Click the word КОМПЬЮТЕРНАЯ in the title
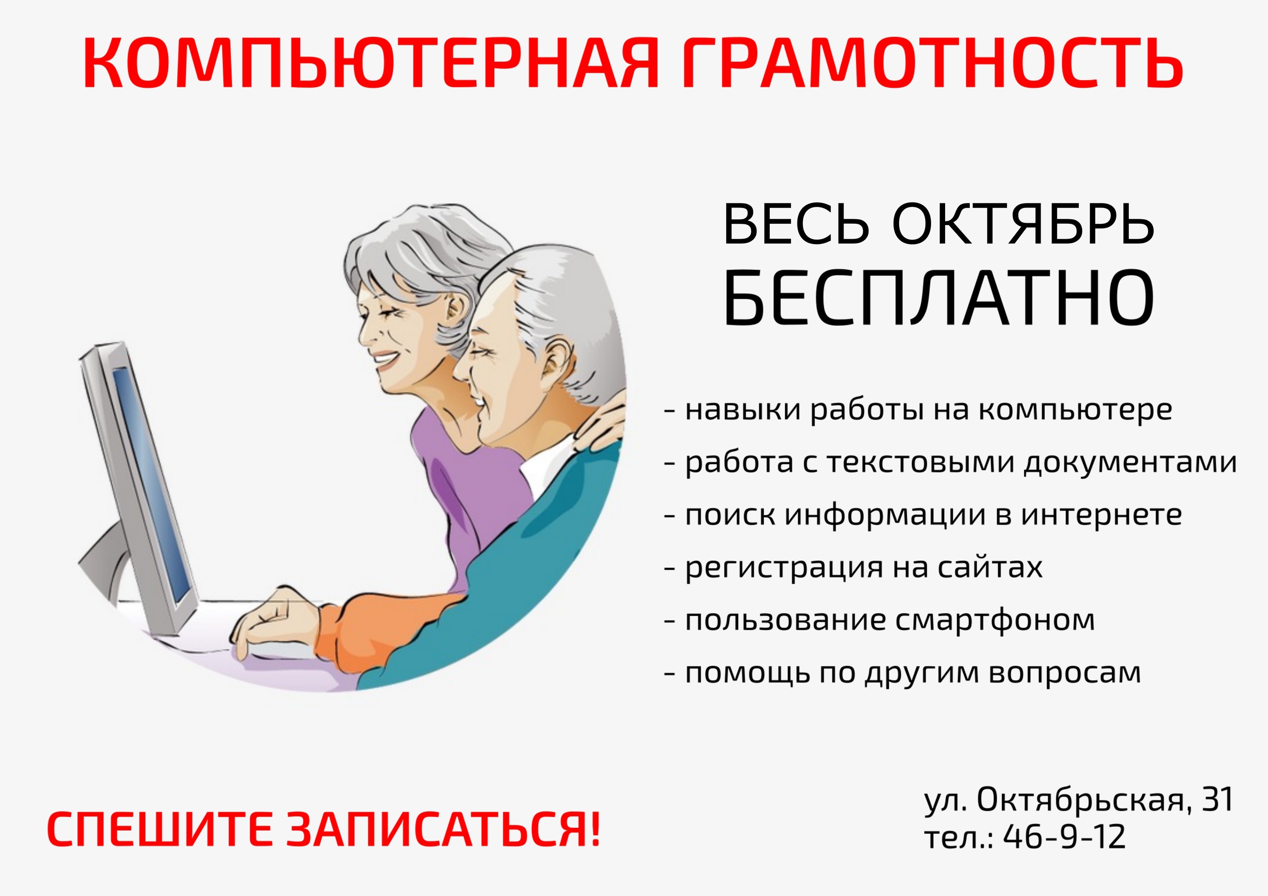(370, 63)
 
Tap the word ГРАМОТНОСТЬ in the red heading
(932, 63)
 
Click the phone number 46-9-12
(1063, 837)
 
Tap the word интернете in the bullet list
(1101, 515)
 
